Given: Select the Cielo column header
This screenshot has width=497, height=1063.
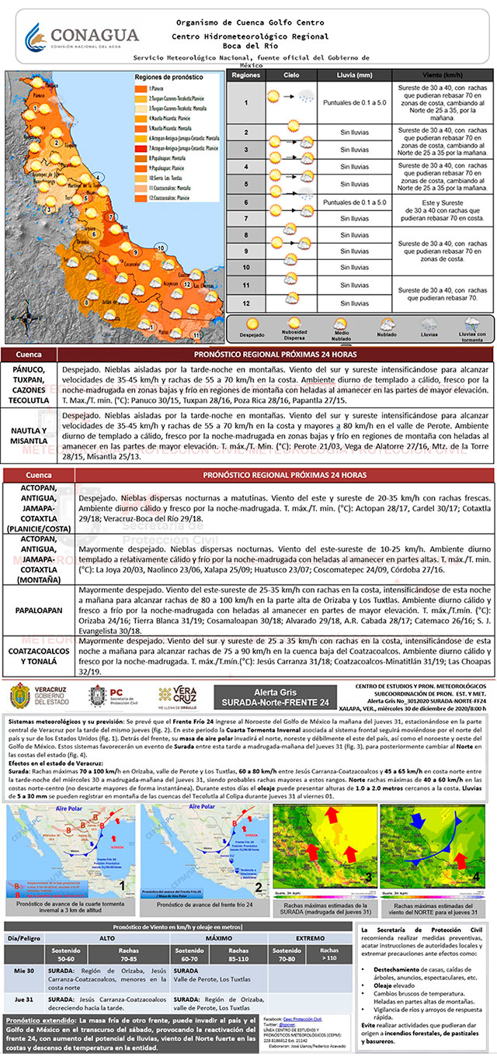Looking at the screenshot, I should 291,76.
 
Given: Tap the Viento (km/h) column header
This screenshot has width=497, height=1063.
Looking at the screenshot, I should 443,76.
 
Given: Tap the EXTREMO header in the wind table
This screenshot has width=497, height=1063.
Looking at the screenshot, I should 303,937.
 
